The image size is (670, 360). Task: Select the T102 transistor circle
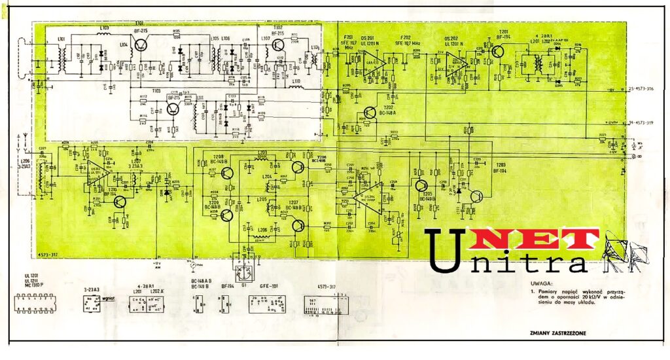pyautogui.click(x=278, y=45)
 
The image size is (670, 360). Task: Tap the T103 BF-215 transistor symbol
pyautogui.click(x=173, y=109)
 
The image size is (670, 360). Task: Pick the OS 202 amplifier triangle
pyautogui.click(x=457, y=64)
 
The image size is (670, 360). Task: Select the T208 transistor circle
pyautogui.click(x=227, y=174)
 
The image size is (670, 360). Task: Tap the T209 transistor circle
pyautogui.click(x=227, y=215)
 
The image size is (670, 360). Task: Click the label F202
pyautogui.click(x=406, y=37)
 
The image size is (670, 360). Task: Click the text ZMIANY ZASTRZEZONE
pyautogui.click(x=557, y=333)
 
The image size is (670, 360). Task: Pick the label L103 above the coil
pyautogui.click(x=105, y=28)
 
